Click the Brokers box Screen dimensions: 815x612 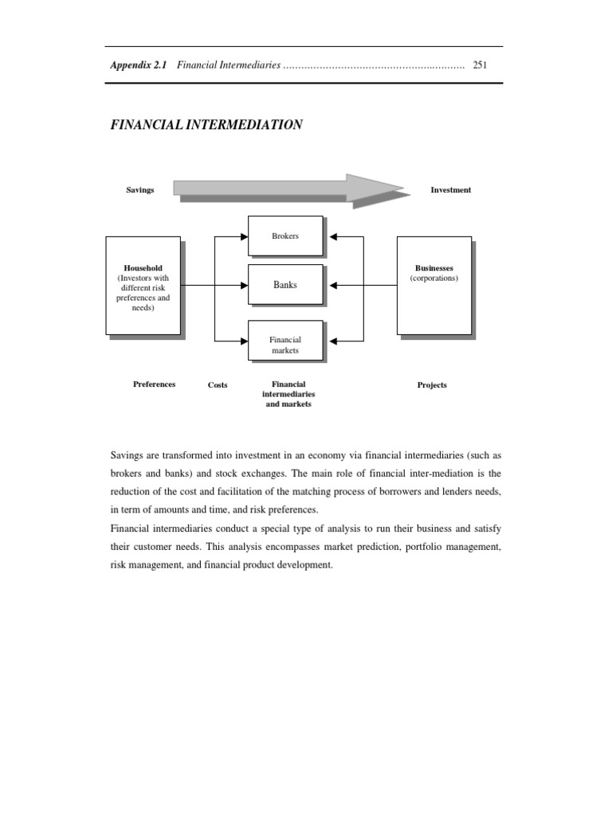(285, 236)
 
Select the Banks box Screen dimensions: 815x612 (285, 284)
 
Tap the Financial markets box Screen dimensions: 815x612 (285, 341)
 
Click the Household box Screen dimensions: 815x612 (143, 285)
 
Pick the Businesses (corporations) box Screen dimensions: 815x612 (434, 285)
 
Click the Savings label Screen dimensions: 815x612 (139, 190)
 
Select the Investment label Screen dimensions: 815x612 (450, 190)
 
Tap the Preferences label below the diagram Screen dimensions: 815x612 (154, 384)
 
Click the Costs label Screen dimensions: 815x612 (218, 385)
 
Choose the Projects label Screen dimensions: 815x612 (432, 385)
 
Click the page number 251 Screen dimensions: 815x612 (480, 64)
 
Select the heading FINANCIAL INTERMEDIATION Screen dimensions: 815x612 (206, 125)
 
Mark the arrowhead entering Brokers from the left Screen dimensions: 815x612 (244, 236)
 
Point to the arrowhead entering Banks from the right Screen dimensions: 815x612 (333, 285)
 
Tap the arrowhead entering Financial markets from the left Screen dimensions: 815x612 (244, 341)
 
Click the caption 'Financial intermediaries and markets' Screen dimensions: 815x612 (288, 394)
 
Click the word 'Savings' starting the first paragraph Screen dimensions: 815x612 (127, 455)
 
